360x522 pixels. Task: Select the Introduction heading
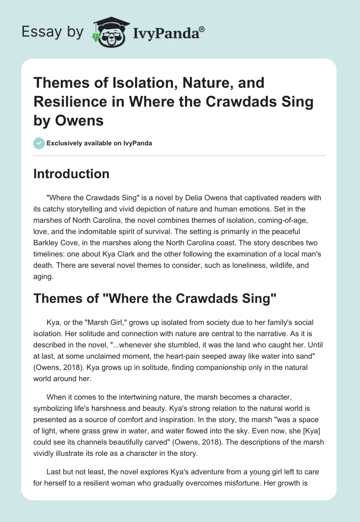71,174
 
